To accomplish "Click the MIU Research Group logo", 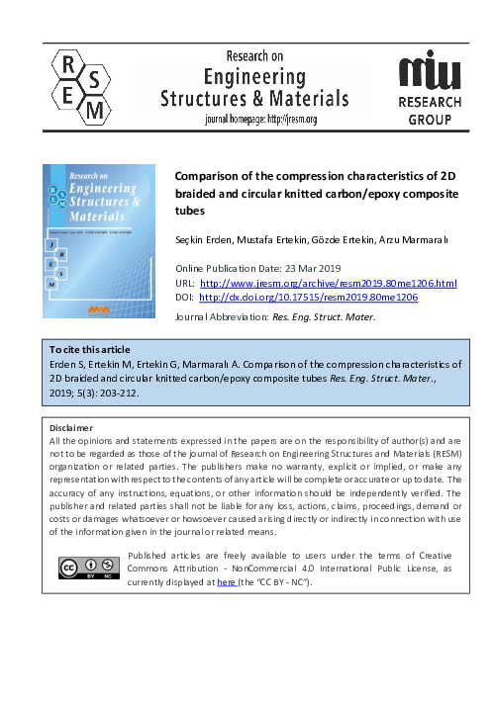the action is [429, 88].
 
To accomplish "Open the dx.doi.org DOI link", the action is [308, 296].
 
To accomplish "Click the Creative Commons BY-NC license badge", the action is [90, 568].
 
